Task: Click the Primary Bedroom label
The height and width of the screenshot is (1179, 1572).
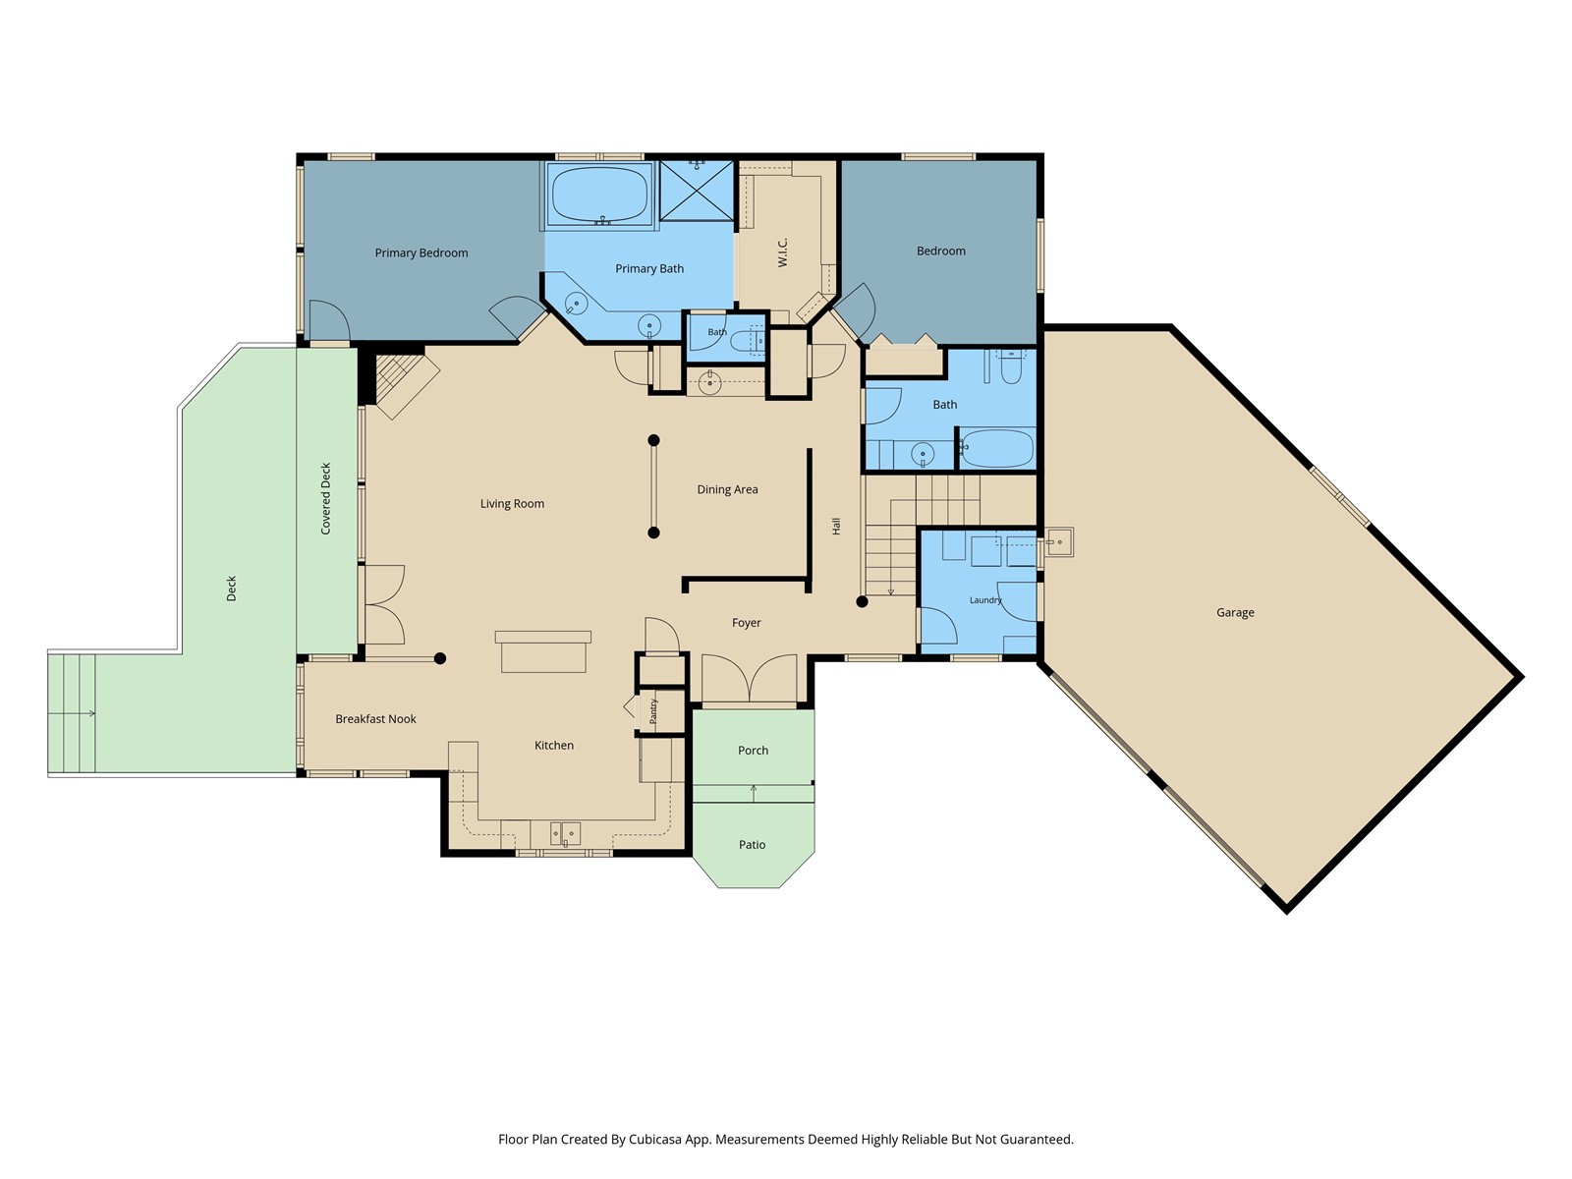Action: [421, 253]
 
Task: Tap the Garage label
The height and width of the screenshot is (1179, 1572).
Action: [1235, 612]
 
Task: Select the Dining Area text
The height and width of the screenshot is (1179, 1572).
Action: [727, 489]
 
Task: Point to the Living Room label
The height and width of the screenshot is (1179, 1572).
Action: [512, 504]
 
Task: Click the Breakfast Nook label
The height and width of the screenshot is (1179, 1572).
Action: [375, 719]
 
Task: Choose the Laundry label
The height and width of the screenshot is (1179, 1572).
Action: [985, 600]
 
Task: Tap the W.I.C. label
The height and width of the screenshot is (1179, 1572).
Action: [782, 253]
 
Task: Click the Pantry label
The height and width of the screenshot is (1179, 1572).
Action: [653, 710]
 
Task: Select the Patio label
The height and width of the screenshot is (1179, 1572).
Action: [752, 845]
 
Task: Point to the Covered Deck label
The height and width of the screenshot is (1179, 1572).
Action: [326, 498]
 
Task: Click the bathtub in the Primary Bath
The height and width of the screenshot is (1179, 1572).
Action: [599, 194]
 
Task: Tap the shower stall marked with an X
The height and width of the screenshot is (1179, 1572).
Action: [697, 191]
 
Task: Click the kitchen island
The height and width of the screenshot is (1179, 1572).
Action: [543, 651]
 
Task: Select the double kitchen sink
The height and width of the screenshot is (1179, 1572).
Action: [565, 834]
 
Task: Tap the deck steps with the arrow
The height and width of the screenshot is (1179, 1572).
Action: [72, 713]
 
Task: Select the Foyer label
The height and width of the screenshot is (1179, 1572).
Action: [747, 623]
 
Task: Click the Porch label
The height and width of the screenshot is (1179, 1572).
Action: [753, 751]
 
